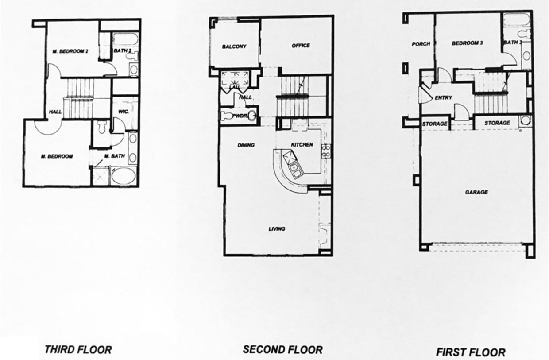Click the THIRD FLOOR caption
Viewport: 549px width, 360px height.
coord(78,349)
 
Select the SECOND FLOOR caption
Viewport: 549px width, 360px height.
coord(282,349)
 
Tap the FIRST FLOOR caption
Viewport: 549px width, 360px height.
coord(470,352)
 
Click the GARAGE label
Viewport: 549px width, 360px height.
coord(476,192)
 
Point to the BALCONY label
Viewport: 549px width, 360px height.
coord(234,46)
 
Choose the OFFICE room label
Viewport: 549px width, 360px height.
coord(301,46)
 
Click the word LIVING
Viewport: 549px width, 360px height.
coord(277,229)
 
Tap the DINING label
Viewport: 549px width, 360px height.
coord(246,145)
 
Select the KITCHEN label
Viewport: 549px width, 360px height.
coord(302,145)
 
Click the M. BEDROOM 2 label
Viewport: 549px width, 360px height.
coord(70,51)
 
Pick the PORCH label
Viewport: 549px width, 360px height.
coord(421,44)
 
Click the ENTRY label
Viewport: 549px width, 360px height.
coord(443,98)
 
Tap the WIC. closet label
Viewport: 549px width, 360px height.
coord(124,112)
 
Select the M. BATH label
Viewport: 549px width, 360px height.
coord(114,156)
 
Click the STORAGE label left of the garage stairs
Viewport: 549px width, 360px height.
coord(434,124)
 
